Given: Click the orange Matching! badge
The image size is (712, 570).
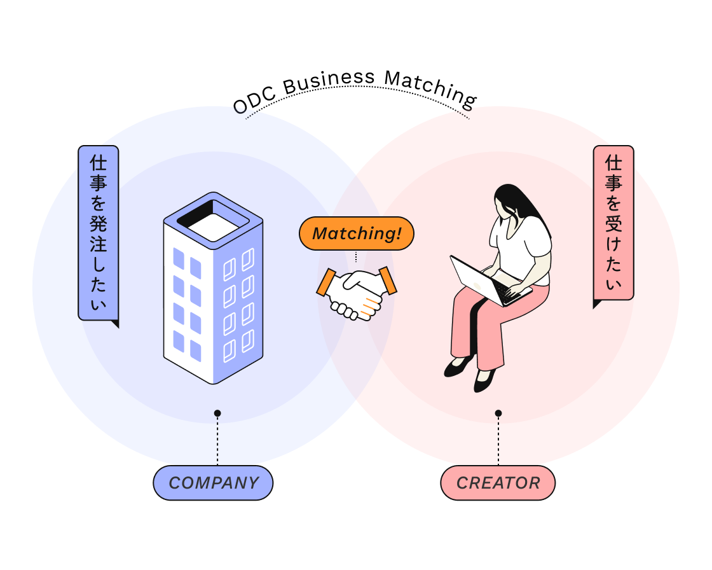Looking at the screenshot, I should point(356,233).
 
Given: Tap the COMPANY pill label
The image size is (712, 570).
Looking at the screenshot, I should point(213,483).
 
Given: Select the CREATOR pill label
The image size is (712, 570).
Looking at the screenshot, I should point(498,483).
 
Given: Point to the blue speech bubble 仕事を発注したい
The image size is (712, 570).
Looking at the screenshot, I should point(98,232).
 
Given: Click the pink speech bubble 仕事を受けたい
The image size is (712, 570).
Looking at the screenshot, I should point(613,223).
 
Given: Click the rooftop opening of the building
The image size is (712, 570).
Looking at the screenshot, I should point(213,221).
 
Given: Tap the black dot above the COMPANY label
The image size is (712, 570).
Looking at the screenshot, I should point(217,414).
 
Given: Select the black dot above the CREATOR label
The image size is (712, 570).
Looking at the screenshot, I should point(498,414).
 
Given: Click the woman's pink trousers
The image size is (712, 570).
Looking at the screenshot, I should point(483,324).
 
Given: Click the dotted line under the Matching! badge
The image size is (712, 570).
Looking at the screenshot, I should point(356,256).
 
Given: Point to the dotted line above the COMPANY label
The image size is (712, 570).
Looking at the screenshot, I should point(217,442).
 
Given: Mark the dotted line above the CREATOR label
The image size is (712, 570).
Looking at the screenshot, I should point(498,442).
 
